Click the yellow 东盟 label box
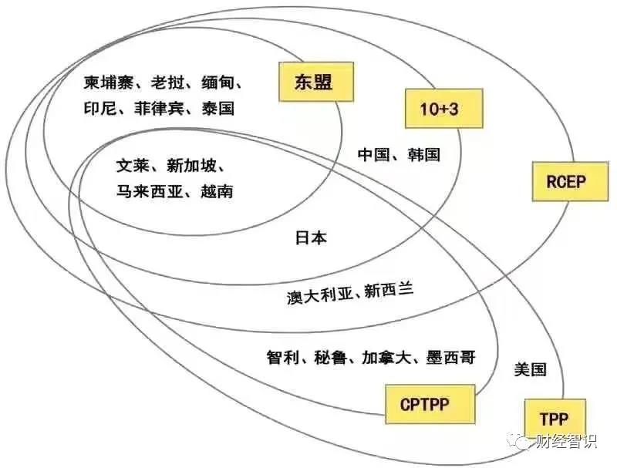pos(316,82)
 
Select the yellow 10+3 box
pos(444,108)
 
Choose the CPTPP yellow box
pos(430,404)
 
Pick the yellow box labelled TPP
pos(555,419)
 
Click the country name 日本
pos(311,238)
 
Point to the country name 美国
pos(530,369)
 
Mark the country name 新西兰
pos(389,290)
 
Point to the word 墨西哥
pos(451,357)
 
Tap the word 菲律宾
pos(159,108)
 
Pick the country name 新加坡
pos(191,166)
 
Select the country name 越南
pos(217,191)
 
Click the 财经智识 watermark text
pos(567,441)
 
